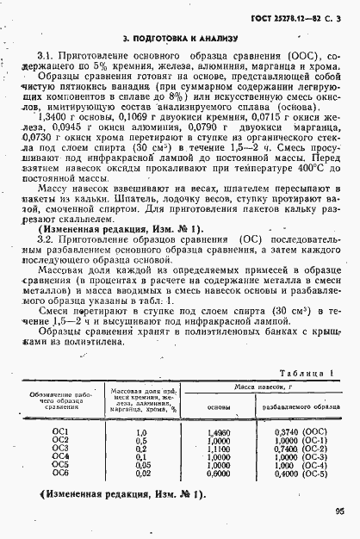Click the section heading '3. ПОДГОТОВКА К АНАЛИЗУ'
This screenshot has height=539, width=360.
(x=179, y=40)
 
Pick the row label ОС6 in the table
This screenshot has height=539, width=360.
(x=60, y=473)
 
